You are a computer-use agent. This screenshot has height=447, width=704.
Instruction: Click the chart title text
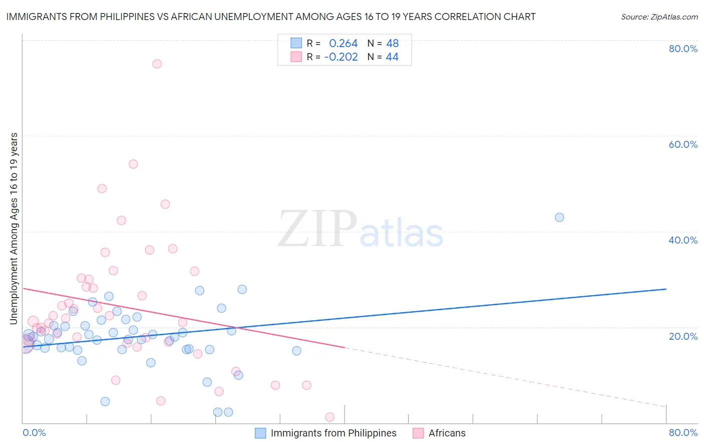[270, 17]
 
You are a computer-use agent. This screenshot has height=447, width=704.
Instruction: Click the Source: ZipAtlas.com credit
[659, 17]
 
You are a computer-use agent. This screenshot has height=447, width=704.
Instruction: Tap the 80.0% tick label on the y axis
[683, 49]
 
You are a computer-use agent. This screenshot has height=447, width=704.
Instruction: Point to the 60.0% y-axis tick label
[683, 144]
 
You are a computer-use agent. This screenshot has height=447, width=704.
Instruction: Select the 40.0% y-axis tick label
[683, 240]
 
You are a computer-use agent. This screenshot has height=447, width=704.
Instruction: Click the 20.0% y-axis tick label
[683, 336]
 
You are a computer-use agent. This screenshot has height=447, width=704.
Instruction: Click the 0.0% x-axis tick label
[34, 432]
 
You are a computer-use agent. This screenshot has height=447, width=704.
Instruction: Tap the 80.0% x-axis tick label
[683, 432]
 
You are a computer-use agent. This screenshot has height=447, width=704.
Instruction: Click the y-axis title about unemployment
[14, 229]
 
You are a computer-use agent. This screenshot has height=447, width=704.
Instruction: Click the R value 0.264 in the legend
[343, 44]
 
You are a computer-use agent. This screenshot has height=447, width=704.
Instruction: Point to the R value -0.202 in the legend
[341, 57]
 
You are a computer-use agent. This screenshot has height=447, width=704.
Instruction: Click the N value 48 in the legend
[392, 44]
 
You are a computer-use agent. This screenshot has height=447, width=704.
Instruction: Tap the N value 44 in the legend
[392, 57]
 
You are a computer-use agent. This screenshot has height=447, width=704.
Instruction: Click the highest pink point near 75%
[157, 64]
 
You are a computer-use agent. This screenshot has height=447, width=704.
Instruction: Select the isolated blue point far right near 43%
[559, 217]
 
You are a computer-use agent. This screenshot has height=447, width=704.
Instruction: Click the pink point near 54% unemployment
[133, 164]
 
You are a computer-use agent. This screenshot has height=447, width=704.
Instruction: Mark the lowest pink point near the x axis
[329, 417]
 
